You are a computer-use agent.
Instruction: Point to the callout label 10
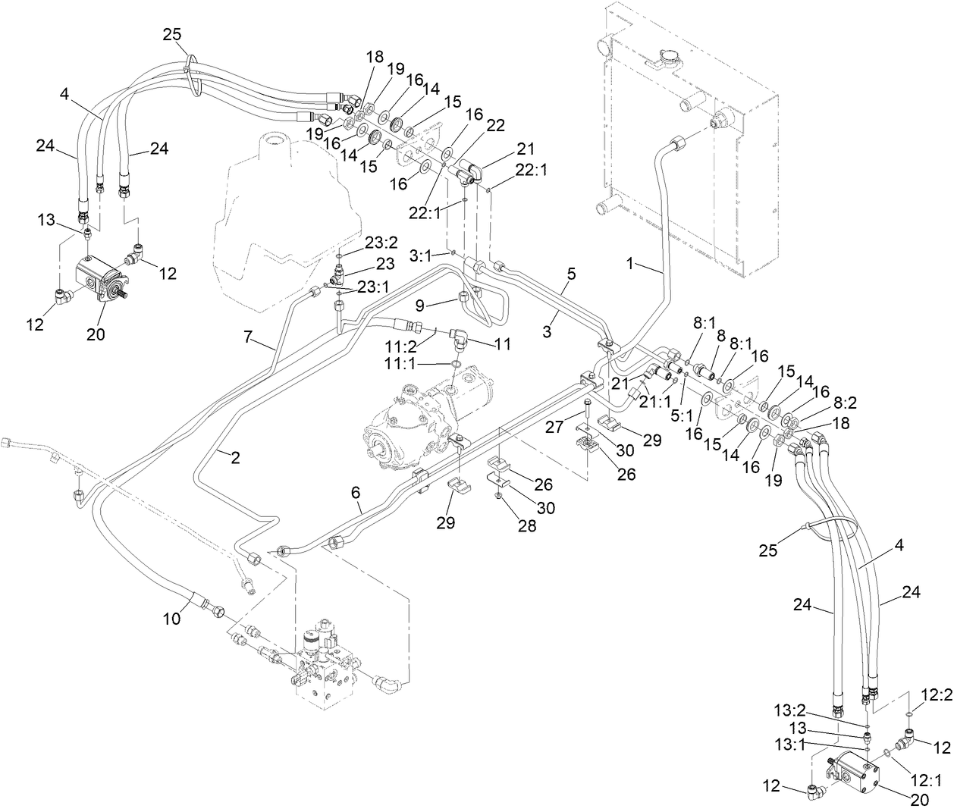172,619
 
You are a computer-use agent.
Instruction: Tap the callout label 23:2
360,243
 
